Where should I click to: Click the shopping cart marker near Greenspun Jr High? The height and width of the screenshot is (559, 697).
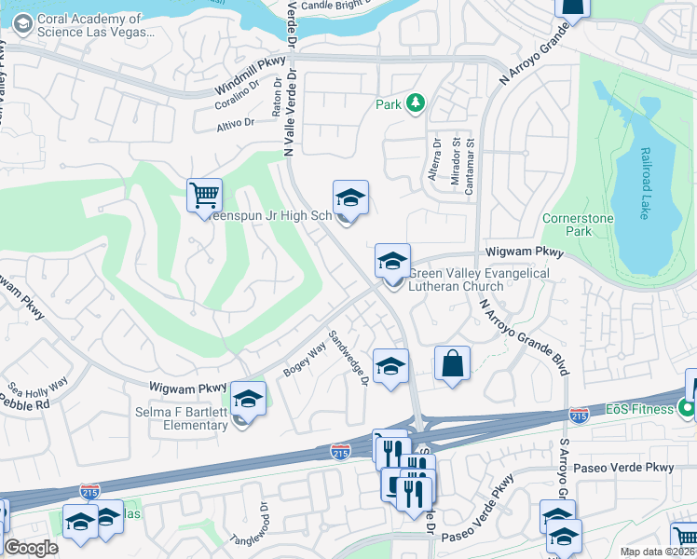[204, 196]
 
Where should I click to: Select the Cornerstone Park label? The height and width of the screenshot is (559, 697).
[567, 224]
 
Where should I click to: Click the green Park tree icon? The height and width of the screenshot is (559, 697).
[416, 103]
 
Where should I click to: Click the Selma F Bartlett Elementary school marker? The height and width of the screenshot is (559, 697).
[248, 401]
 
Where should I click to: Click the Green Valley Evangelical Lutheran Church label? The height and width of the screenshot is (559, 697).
[480, 279]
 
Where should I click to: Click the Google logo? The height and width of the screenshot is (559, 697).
[31, 548]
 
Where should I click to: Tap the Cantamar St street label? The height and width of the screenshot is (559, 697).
[471, 160]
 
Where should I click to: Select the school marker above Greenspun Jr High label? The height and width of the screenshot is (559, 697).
[350, 198]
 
